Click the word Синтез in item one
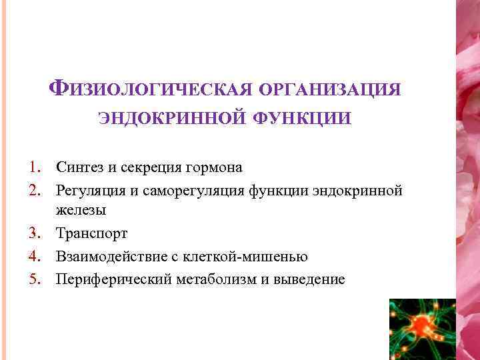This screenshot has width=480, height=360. pyautogui.click(x=79, y=167)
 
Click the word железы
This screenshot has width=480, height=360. pyautogui.click(x=81, y=210)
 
